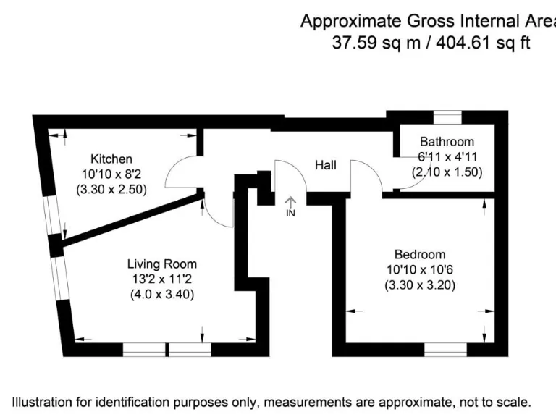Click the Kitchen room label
[111, 159]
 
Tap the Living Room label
[161, 264]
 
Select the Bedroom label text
[419, 255]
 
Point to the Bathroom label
[447, 142]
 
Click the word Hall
[325, 165]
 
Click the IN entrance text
[290, 214]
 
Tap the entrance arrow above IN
[290, 201]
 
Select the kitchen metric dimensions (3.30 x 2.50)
[111, 190]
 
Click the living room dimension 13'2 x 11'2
[161, 279]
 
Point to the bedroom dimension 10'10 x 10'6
[419, 270]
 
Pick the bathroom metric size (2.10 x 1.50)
[447, 172]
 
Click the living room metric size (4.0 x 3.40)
[161, 295]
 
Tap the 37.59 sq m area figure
[376, 43]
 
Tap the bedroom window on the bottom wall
[445, 350]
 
